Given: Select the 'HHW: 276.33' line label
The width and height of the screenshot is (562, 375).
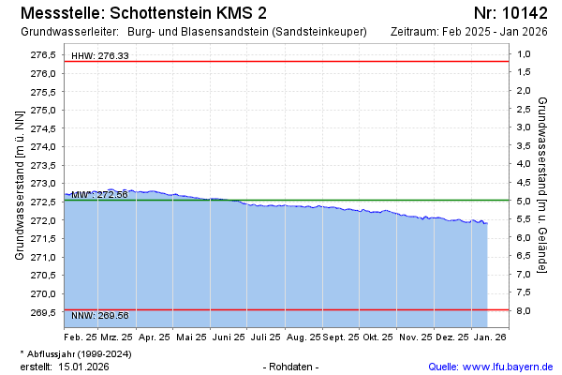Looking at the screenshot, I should tap(100, 56).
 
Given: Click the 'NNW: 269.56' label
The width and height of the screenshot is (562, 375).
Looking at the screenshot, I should tap(100, 316).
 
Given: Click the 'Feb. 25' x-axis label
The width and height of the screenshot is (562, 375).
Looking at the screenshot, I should tap(81, 336).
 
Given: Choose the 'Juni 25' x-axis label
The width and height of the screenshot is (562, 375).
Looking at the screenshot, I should tap(228, 336).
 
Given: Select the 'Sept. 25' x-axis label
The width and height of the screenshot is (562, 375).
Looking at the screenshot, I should tap(342, 336).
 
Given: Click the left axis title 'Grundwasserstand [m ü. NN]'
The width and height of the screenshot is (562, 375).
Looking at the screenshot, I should tap(19, 184).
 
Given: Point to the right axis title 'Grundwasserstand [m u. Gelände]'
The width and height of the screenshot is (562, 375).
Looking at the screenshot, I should tap(542, 184).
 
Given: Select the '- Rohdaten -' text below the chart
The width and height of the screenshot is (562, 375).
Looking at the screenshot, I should tap(291, 366).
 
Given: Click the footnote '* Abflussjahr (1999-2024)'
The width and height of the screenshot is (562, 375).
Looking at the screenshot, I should tap(78, 353).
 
